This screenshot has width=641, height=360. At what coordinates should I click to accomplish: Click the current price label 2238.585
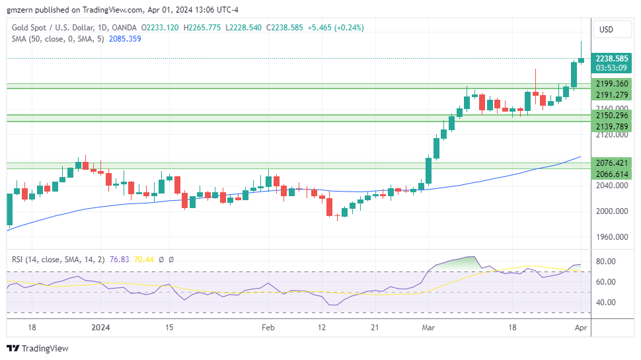pos(611,58)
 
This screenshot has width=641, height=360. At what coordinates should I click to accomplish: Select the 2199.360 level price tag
pos(611,84)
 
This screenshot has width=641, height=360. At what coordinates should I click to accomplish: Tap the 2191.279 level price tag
pos(611,95)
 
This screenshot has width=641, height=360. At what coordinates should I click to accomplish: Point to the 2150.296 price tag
pos(611,116)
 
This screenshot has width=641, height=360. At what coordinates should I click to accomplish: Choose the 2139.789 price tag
pos(611,126)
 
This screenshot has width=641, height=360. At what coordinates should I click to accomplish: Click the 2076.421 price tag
pos(611,162)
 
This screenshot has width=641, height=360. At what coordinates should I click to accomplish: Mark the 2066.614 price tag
pos(611,174)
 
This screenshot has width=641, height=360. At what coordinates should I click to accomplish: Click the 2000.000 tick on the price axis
pos(611,211)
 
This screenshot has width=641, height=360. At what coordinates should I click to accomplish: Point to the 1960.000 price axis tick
pos(611,236)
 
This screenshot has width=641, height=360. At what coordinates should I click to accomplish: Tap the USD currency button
pos(606,30)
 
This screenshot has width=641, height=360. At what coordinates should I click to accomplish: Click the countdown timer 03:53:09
pos(611,67)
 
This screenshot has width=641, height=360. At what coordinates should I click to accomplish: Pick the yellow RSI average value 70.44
pos(143,260)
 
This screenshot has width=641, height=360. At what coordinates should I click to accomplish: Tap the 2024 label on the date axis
pos(100,327)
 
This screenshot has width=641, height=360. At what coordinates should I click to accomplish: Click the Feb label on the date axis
pos(268,327)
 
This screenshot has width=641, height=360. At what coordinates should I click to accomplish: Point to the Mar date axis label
pos(430,327)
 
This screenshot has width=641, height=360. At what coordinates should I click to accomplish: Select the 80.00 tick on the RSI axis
pos(607,262)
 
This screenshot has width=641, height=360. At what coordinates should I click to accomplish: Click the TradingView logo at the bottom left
pos(38,348)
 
